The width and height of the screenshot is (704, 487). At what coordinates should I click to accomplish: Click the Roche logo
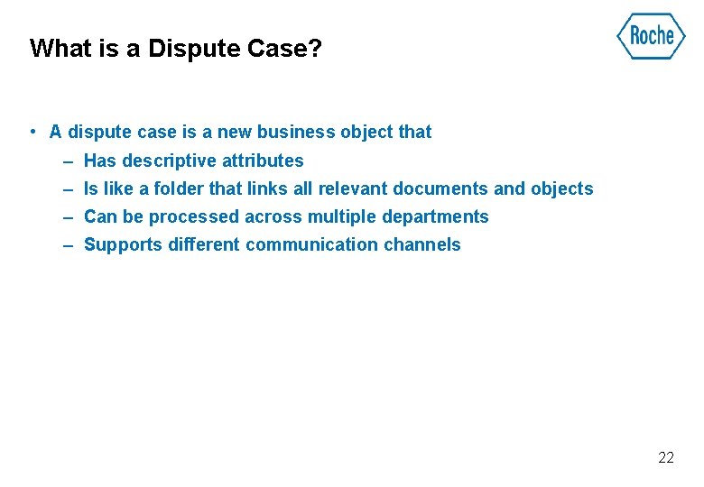(651, 36)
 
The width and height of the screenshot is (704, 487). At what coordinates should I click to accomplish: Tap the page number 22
(666, 458)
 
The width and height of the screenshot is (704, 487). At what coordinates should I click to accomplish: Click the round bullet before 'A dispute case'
(32, 132)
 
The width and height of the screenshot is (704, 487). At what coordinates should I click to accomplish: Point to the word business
(291, 132)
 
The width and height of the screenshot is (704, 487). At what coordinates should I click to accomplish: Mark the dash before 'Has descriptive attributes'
(69, 161)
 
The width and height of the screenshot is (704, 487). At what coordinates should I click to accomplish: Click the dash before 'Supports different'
(69, 244)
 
